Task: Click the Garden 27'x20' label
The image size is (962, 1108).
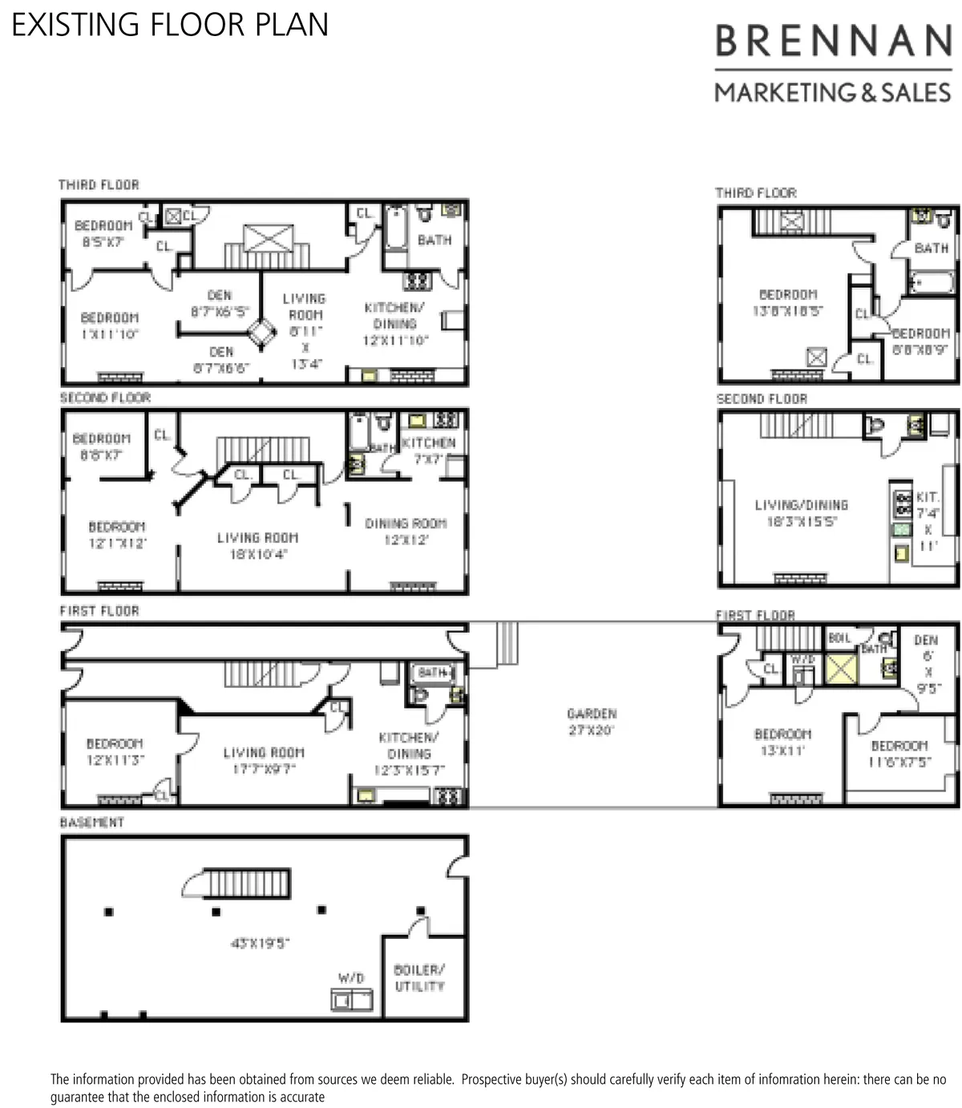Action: coord(592,722)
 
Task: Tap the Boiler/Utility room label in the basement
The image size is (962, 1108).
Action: coord(419,978)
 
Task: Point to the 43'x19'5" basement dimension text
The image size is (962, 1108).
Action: coord(260,943)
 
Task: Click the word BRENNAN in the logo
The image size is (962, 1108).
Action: coord(833,41)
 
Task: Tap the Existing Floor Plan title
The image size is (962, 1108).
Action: coord(170,25)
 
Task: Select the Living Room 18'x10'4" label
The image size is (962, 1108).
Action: coord(257,545)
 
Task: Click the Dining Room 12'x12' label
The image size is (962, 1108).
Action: coord(406,532)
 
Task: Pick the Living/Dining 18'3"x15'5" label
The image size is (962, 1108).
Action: coord(801,513)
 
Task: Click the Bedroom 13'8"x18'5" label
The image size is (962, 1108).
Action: coord(788,303)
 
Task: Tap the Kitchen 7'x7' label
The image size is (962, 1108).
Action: coord(429,451)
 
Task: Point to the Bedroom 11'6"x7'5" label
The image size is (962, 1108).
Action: coord(899,754)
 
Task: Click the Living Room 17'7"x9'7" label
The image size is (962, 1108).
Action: coord(263,760)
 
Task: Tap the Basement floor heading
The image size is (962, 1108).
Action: coord(92,823)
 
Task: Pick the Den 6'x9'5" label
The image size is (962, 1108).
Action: coord(926,664)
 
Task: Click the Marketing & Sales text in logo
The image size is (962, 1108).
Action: coord(833,93)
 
